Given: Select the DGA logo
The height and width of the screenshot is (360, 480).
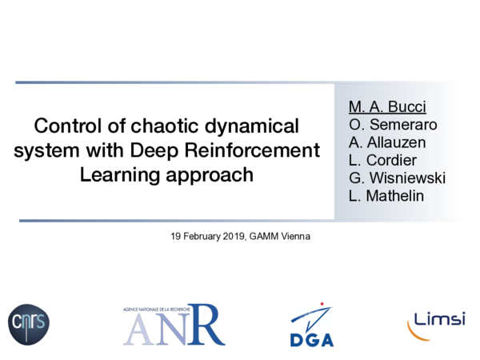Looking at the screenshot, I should (x=311, y=325).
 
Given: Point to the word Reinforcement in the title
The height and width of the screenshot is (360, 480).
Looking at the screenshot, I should (x=262, y=150).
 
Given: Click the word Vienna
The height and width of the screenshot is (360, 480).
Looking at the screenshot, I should (x=292, y=237).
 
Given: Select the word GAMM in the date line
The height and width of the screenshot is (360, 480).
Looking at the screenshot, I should (x=262, y=237).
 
